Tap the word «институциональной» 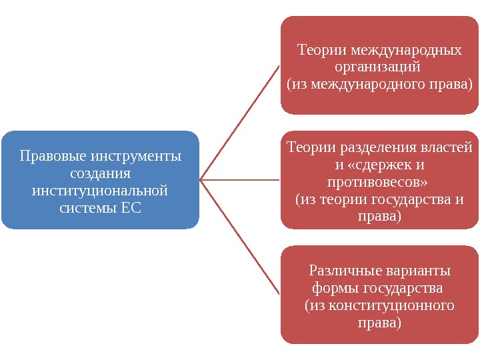100,191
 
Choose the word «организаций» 377,67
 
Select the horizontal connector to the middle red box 240,180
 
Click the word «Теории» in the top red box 321,50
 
